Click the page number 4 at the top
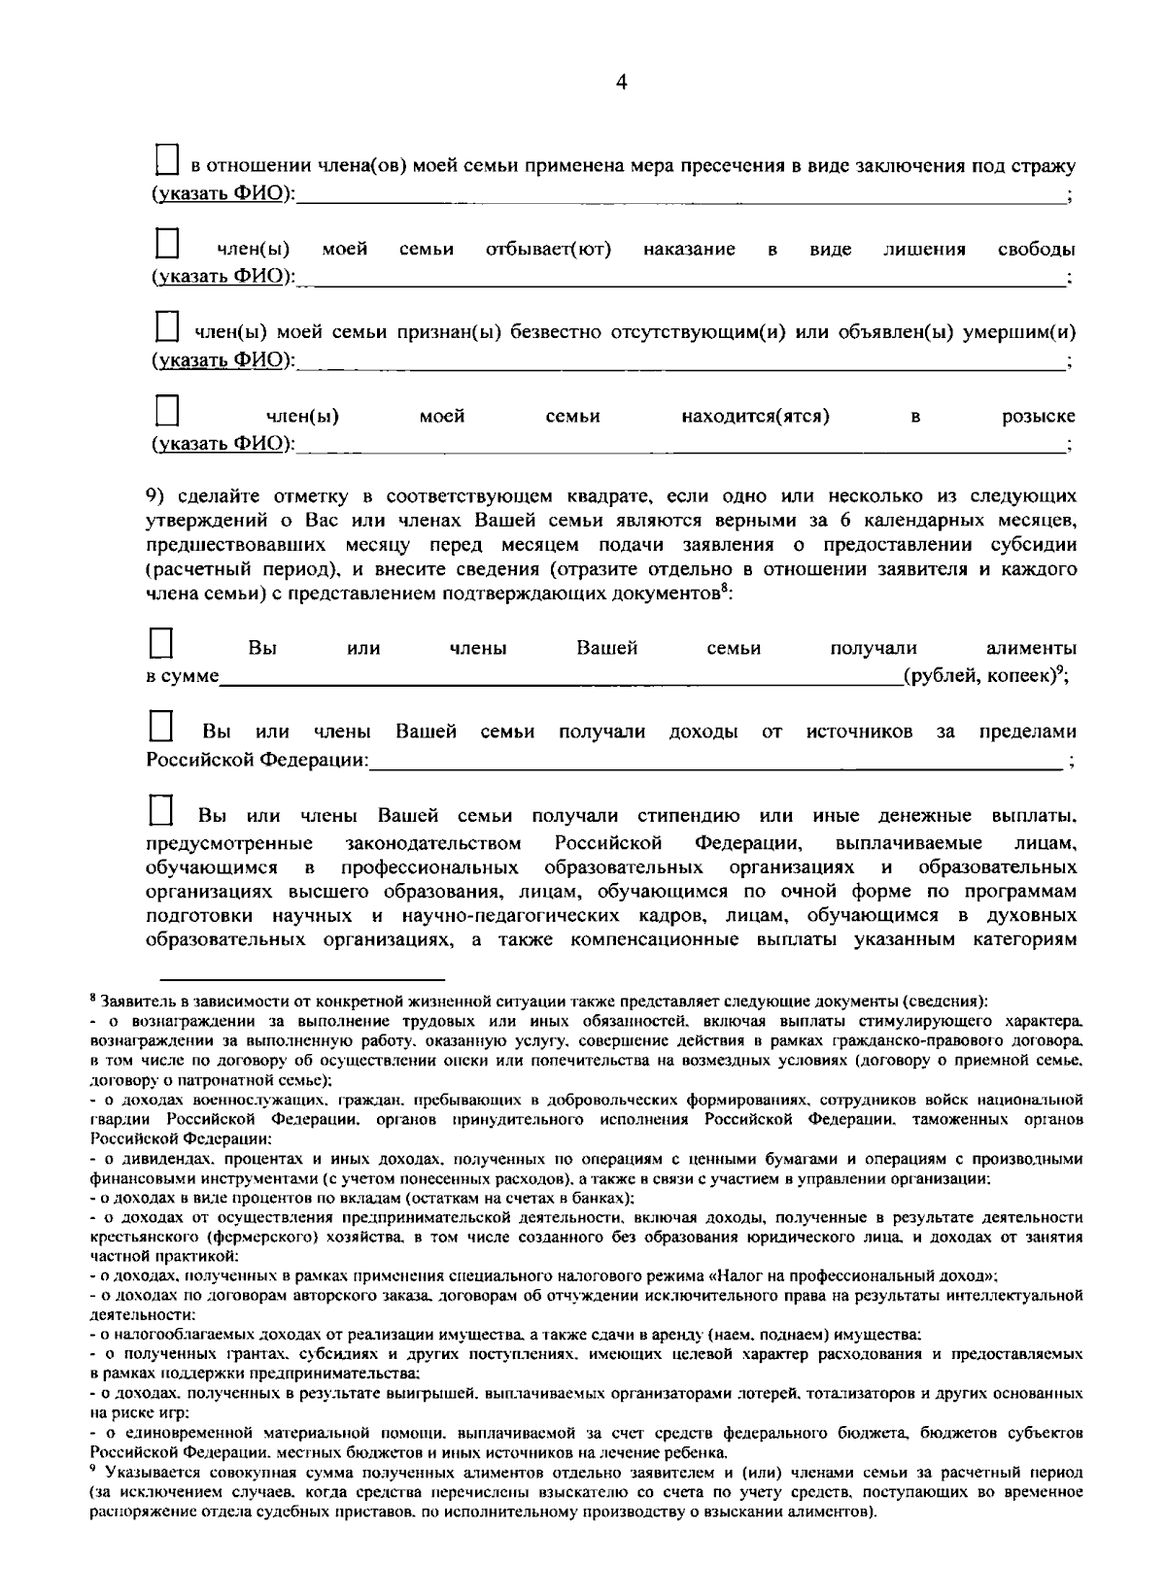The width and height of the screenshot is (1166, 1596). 622,84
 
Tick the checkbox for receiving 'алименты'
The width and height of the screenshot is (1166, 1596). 160,643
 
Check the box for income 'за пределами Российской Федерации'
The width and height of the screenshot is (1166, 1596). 160,727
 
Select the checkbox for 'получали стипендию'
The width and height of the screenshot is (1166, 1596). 160,809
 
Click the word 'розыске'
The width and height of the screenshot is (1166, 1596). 1039,418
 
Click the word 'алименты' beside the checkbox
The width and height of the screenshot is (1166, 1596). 1031,649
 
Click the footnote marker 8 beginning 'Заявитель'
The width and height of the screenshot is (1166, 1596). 92,998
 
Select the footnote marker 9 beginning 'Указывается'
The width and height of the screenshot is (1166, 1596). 91,1473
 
